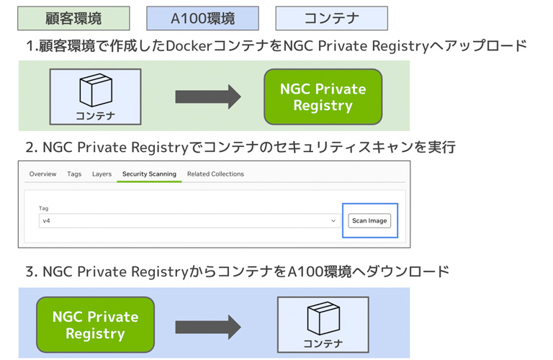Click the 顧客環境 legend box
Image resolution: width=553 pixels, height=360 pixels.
(73, 18)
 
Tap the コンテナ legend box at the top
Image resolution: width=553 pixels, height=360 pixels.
(331, 18)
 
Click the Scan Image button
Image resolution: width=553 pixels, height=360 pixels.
(369, 220)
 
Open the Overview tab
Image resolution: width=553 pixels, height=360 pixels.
(43, 174)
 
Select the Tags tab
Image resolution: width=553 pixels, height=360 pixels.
(74, 174)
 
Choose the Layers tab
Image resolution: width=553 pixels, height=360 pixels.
(102, 174)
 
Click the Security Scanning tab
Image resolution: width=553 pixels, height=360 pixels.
(149, 174)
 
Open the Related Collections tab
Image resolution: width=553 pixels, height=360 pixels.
(215, 174)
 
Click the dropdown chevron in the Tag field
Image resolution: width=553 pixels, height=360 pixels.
(333, 221)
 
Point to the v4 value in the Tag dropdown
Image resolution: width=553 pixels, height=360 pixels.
(47, 221)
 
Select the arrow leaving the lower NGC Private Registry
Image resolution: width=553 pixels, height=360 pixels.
(208, 326)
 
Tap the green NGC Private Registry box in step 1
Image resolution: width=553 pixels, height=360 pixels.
(323, 97)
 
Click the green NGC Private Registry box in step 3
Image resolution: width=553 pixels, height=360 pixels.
(95, 325)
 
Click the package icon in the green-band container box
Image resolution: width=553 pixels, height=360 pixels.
(95, 91)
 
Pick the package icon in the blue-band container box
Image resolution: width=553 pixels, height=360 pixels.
(322, 319)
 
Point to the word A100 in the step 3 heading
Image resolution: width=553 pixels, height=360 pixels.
(305, 272)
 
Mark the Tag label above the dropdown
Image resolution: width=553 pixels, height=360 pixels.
(44, 208)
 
